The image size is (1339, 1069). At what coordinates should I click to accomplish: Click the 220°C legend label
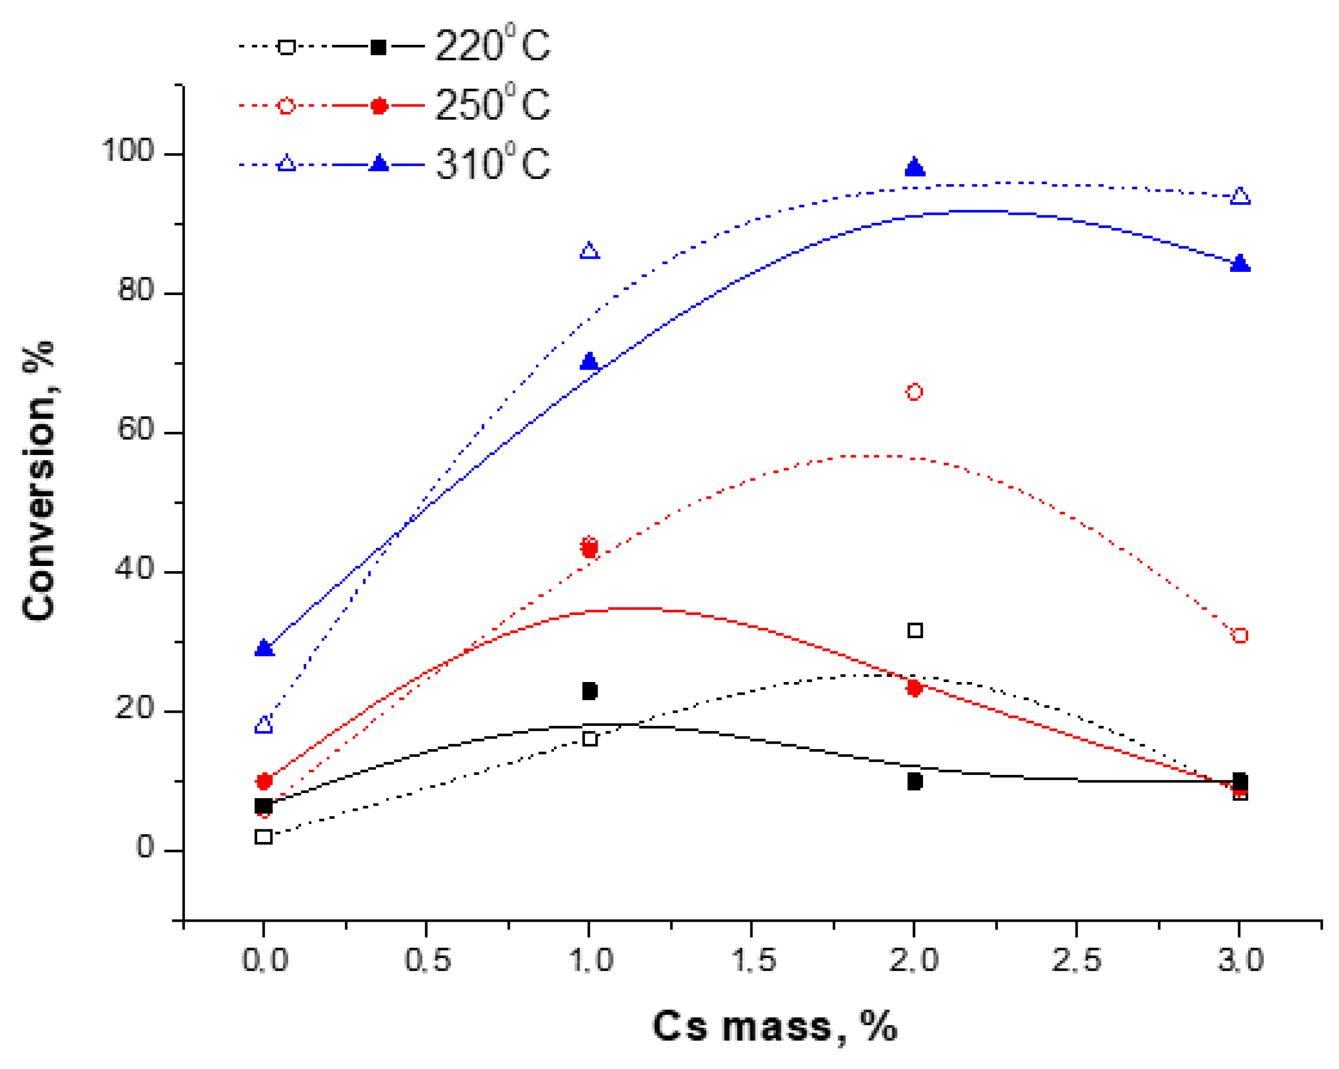coord(492,45)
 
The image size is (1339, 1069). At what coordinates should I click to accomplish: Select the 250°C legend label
coord(492,105)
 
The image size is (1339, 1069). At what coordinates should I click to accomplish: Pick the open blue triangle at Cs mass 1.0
coord(589,251)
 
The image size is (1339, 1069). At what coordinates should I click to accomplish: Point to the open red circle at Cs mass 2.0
coord(914,392)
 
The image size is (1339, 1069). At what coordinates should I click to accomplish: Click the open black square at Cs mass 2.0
coord(915,630)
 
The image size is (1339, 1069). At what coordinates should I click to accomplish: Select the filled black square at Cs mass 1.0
coord(589,691)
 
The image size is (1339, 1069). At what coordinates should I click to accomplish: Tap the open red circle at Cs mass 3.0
coord(1240,636)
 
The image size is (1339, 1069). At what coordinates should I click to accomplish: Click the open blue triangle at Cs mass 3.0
coord(1240,196)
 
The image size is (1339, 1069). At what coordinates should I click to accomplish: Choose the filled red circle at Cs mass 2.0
coord(913,688)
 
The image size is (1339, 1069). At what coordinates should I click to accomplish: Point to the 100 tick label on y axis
coord(127,151)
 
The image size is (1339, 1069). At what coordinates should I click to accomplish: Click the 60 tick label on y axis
coord(135,430)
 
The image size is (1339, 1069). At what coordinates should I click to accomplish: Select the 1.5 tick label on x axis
coord(753,961)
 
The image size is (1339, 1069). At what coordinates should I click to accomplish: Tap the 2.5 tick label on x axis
coord(1076,961)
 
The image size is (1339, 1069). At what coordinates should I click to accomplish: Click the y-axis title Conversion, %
coord(39,481)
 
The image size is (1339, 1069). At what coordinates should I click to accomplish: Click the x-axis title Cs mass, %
coord(775,1027)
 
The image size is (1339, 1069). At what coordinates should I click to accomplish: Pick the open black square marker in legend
coord(286,46)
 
